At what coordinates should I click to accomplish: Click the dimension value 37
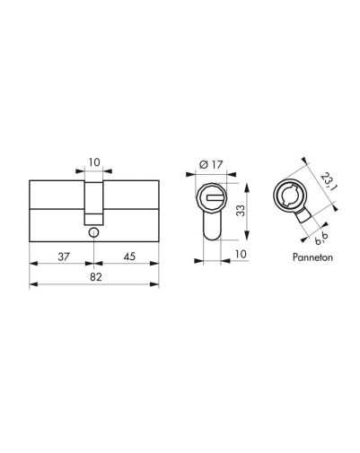coord(64,257)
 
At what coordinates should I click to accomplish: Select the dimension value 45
coord(129,257)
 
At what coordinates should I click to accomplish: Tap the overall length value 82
coord(96,277)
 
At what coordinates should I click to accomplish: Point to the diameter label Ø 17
coord(211,164)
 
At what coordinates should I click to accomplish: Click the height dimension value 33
coord(241,211)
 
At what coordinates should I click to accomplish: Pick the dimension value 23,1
coord(329,181)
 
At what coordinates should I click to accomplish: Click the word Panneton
coord(312,257)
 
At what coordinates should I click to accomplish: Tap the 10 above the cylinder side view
coord(94,162)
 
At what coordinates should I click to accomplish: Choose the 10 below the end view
coord(241,254)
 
